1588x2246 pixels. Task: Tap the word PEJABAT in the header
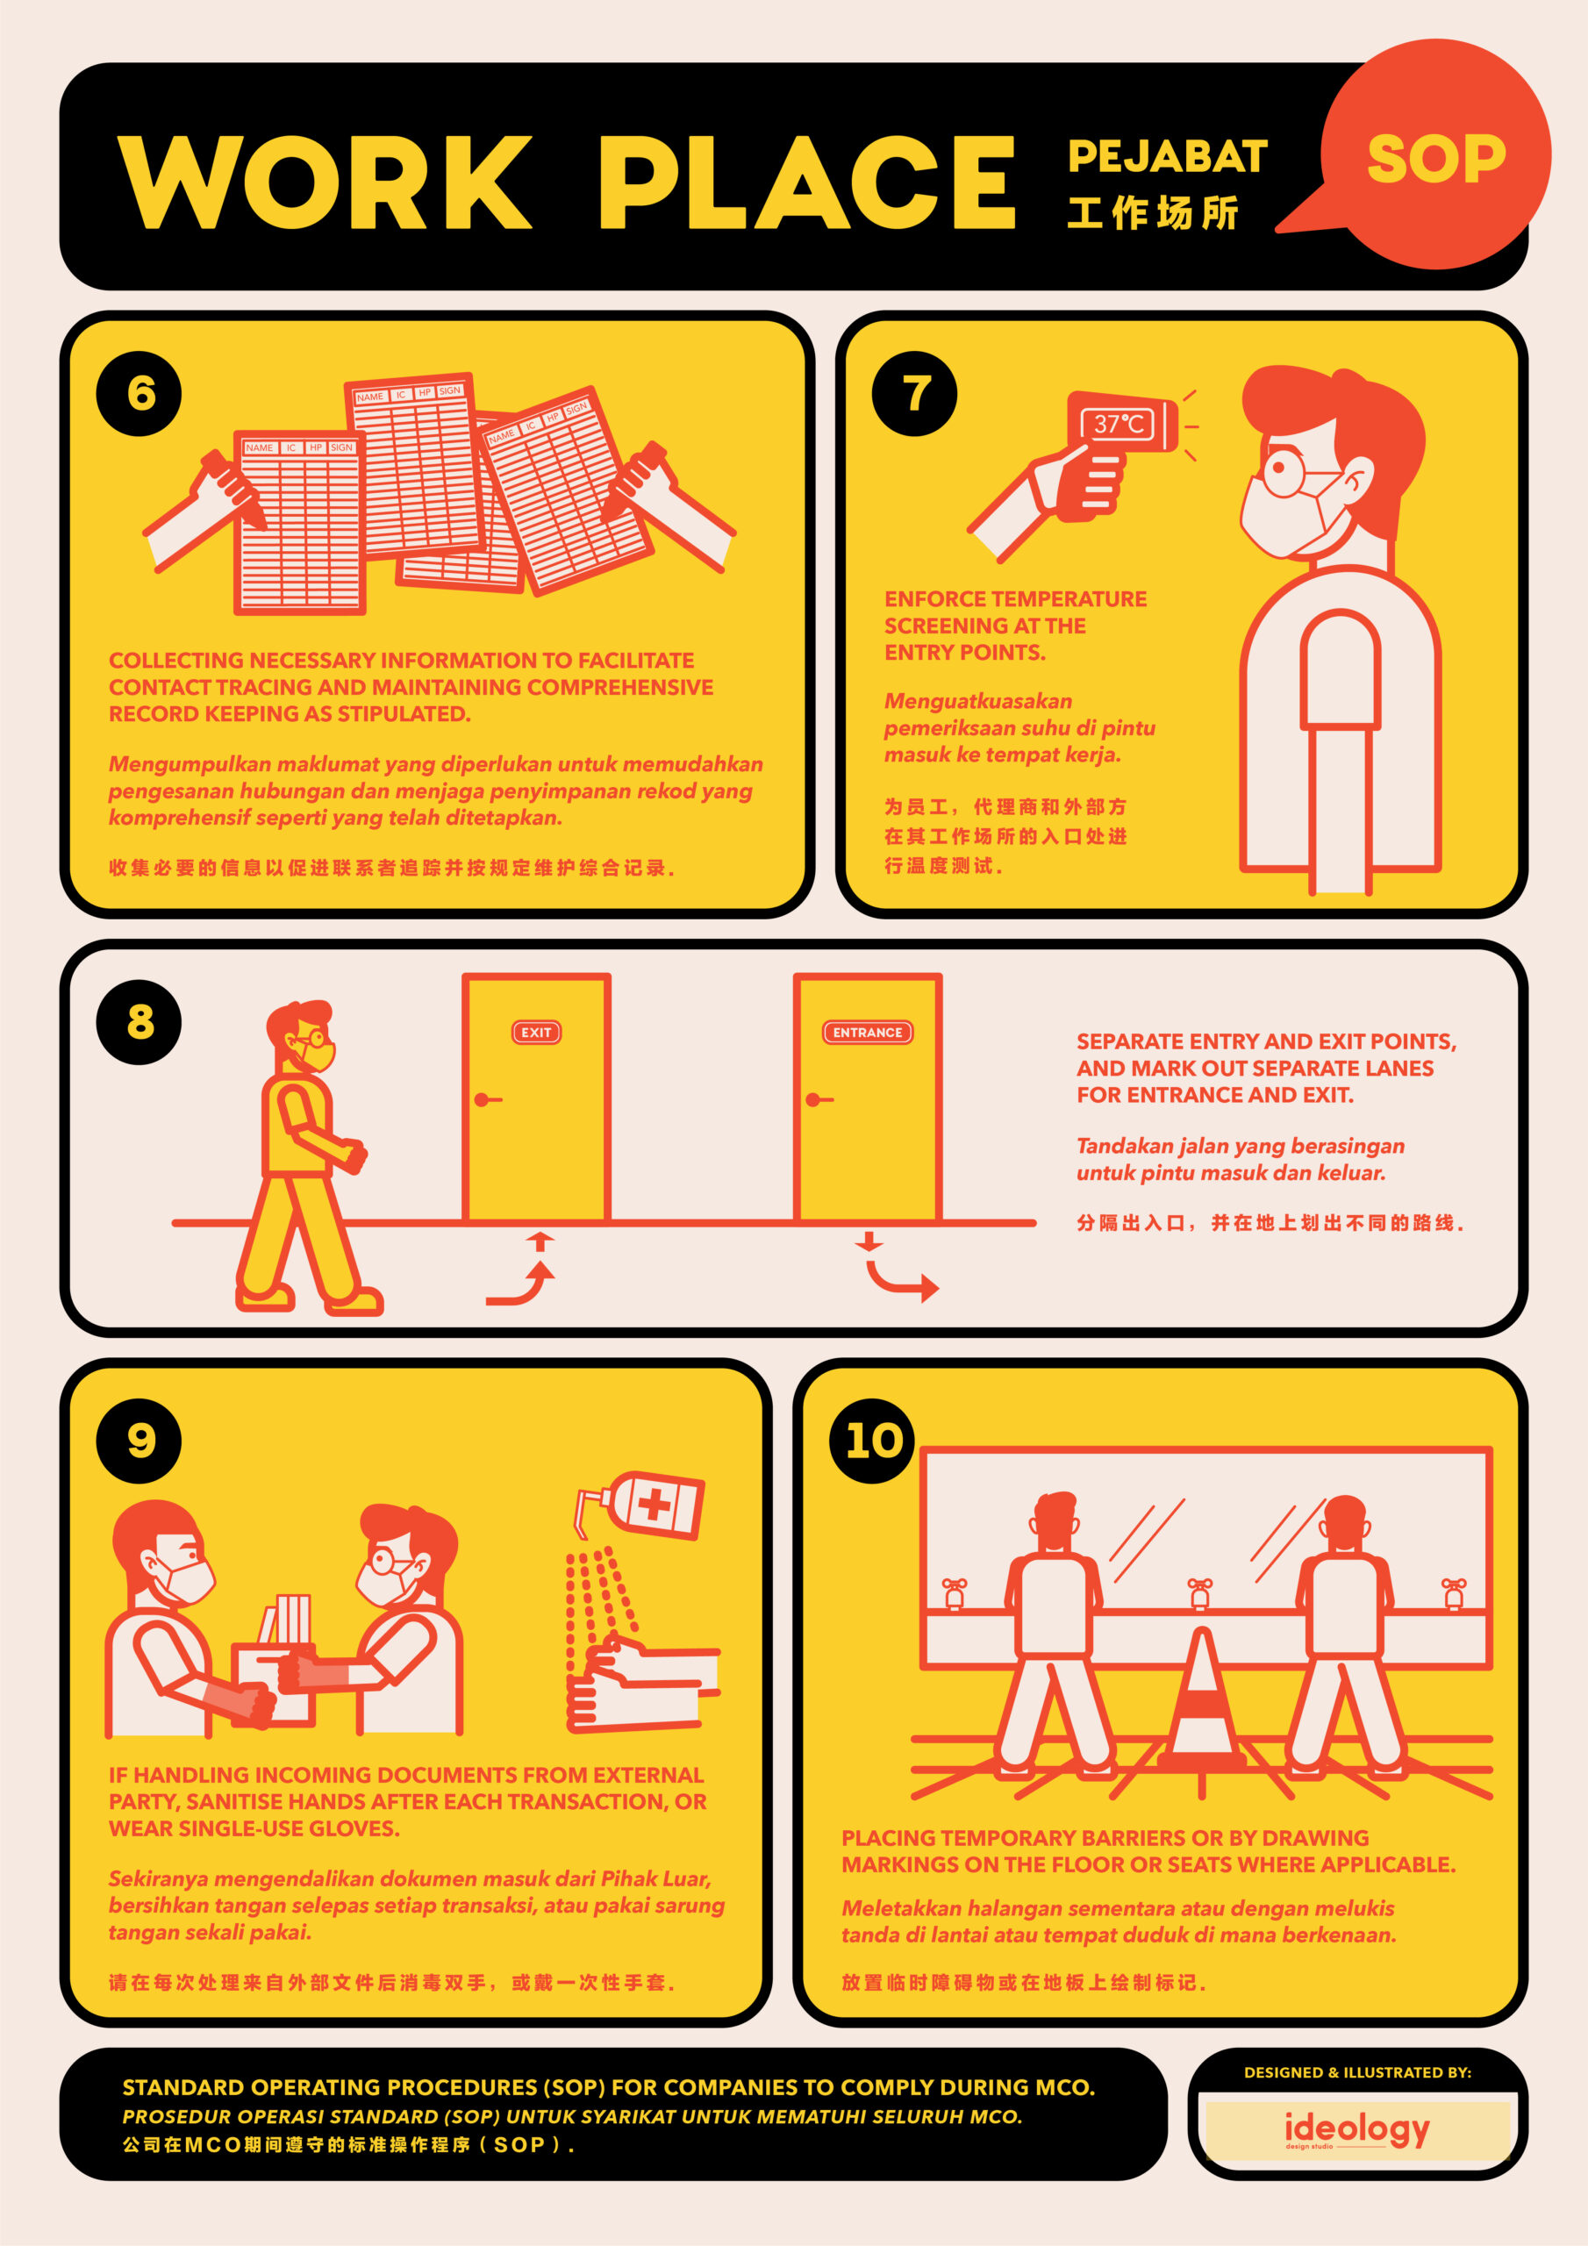point(1166,156)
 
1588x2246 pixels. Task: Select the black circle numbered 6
point(139,393)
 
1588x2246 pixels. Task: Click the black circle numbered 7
point(914,393)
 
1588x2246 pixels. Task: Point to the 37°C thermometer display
point(1119,425)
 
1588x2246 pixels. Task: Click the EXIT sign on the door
point(536,1032)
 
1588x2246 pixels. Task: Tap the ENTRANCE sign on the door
point(867,1032)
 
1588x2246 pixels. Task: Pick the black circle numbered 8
point(139,1021)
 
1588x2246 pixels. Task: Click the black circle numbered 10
point(873,1441)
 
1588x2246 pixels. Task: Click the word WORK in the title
point(323,183)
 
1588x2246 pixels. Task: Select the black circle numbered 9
point(139,1441)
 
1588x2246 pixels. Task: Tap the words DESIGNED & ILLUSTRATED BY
point(1357,2072)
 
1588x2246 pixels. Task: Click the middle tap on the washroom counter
point(1199,1592)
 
